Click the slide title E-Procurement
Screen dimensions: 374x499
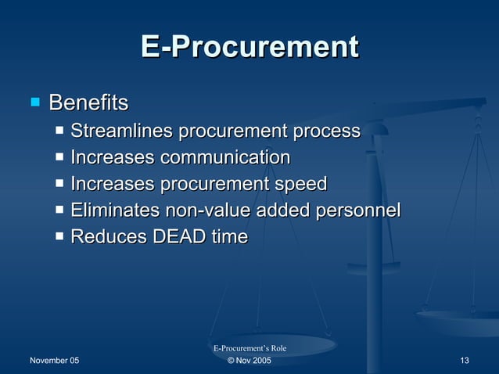pos(249,47)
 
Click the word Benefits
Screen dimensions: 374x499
pos(88,102)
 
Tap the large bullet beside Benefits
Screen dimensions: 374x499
pos(34,102)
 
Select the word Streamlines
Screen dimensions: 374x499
pos(121,131)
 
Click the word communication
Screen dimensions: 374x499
pos(225,157)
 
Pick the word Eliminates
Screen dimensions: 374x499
pos(114,210)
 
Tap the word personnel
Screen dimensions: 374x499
pos(361,210)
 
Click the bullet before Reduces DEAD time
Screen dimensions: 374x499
pos(61,236)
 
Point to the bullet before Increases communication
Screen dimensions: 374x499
pos(61,156)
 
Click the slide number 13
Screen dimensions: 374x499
pos(465,360)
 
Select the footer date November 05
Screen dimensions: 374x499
pos(54,360)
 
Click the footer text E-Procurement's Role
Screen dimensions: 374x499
pos(249,347)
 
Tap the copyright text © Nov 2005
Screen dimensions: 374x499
pos(249,360)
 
